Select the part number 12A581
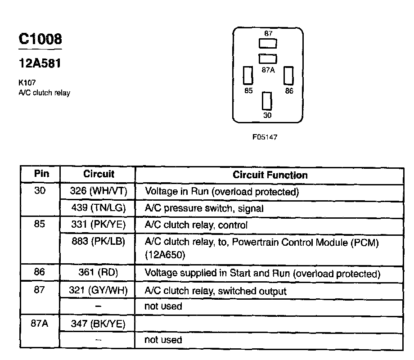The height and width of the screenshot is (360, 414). pos(40,64)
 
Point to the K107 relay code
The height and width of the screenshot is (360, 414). pos(27,83)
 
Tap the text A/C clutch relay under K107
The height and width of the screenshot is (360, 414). pos(44,93)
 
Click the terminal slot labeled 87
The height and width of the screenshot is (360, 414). pos(268,43)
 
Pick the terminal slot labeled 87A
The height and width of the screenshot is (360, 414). pos(268,58)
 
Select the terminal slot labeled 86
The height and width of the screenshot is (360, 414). pos(288,76)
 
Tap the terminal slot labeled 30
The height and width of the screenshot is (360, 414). pos(267,101)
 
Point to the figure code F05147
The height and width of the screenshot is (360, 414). pos(265,137)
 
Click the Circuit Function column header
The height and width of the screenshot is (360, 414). pos(270,175)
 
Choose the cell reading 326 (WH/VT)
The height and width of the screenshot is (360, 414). pos(99,191)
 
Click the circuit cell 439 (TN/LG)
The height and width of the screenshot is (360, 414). pos(99,208)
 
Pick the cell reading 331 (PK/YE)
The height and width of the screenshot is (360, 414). pos(99,225)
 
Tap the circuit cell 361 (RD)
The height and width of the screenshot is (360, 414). pos(99,273)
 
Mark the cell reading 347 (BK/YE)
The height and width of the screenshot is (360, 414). pos(99,324)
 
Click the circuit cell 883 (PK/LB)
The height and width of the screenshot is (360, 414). pos(99,241)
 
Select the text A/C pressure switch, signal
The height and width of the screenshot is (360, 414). pos(204,208)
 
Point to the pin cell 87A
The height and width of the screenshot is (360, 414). pos(40,324)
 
